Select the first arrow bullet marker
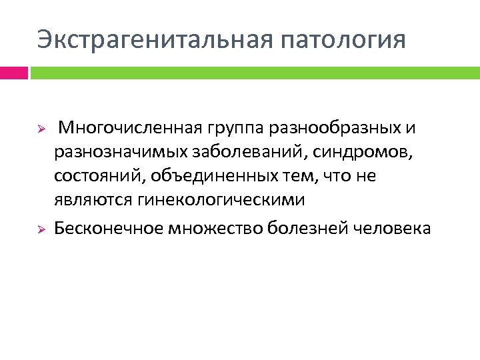[x=40, y=127]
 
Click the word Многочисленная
[x=131, y=127]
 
